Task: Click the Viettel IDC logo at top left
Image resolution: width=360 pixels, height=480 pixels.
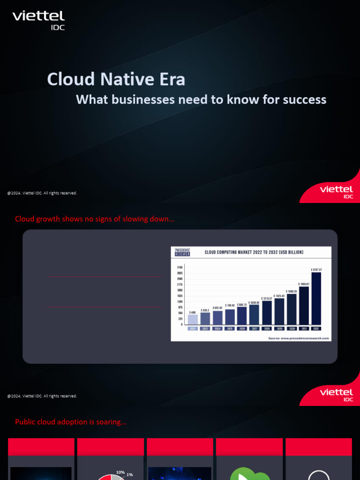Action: click(x=38, y=20)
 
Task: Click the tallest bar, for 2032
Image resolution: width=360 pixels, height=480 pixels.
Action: click(x=316, y=298)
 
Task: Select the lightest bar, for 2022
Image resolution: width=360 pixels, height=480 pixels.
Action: click(x=193, y=319)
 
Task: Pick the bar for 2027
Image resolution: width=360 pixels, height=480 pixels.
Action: click(x=255, y=315)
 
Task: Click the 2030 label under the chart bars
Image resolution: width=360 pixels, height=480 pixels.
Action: click(x=292, y=329)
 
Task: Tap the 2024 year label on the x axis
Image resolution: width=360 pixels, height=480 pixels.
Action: click(x=217, y=329)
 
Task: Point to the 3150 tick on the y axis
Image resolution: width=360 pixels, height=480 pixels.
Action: click(x=180, y=267)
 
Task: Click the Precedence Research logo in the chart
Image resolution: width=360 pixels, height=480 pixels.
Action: click(x=182, y=252)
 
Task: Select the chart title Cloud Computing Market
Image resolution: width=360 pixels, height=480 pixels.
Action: click(x=254, y=252)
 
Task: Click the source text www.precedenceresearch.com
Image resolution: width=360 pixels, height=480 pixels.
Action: click(x=299, y=338)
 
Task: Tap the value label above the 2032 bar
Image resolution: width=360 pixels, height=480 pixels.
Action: click(x=316, y=270)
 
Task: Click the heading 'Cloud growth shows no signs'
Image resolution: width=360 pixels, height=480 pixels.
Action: click(x=95, y=219)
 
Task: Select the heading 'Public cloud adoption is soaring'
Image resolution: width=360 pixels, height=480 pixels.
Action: click(x=71, y=422)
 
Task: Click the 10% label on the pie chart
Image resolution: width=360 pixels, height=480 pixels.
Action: click(x=120, y=472)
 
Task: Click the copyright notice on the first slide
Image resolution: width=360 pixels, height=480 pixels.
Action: click(x=42, y=193)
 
